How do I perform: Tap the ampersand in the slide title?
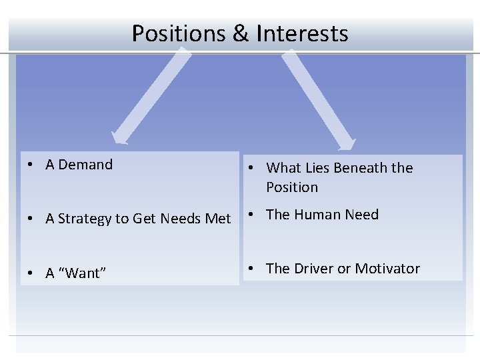(x=240, y=33)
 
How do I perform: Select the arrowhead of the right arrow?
(x=346, y=143)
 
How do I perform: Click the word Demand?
(x=85, y=165)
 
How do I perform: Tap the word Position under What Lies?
(x=292, y=187)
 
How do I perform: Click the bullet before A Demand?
(x=31, y=165)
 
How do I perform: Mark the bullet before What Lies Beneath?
(x=252, y=169)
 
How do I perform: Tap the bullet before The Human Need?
(x=252, y=215)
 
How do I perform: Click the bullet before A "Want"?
(x=31, y=273)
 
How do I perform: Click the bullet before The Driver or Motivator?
(x=252, y=269)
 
